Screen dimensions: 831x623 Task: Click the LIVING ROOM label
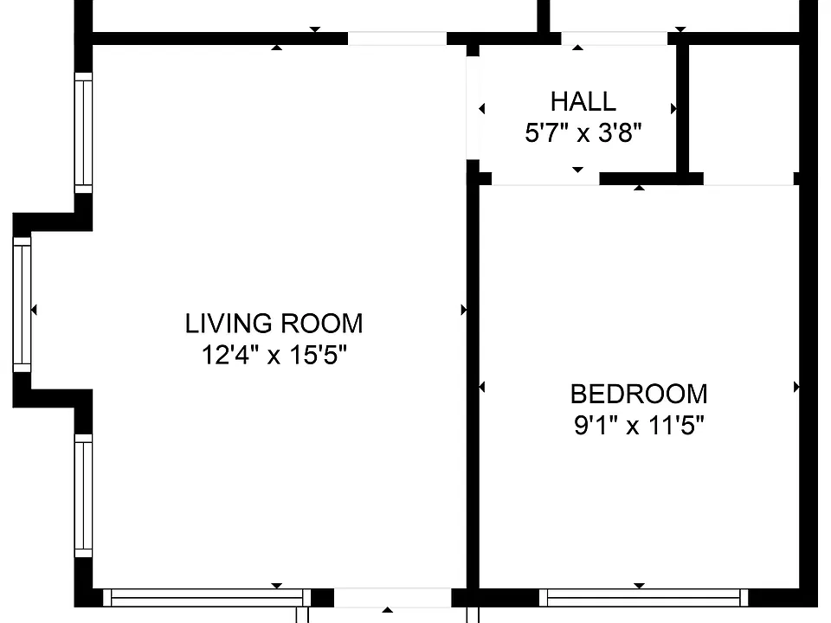(274, 324)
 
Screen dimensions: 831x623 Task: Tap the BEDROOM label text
(639, 395)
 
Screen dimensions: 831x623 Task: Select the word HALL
(583, 102)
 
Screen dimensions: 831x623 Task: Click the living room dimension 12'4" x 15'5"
(274, 355)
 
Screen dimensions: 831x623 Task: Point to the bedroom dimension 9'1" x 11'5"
(639, 425)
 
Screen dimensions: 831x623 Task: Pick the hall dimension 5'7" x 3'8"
(583, 132)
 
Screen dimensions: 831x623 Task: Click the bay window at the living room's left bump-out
(22, 305)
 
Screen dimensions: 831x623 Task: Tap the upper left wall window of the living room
(83, 133)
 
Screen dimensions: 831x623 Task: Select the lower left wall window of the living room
(83, 496)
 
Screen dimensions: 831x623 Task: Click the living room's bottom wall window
(207, 598)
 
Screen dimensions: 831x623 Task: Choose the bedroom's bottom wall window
(643, 598)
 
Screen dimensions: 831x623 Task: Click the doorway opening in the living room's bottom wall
(392, 598)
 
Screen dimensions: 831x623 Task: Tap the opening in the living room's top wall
(397, 39)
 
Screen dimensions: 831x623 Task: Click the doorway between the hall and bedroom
(545, 178)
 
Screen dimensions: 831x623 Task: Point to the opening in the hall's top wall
(615, 39)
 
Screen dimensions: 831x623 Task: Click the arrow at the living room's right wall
(464, 310)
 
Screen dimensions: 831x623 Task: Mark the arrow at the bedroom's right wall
(796, 388)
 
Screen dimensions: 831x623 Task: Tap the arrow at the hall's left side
(482, 109)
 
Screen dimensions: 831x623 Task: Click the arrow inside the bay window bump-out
(34, 310)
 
